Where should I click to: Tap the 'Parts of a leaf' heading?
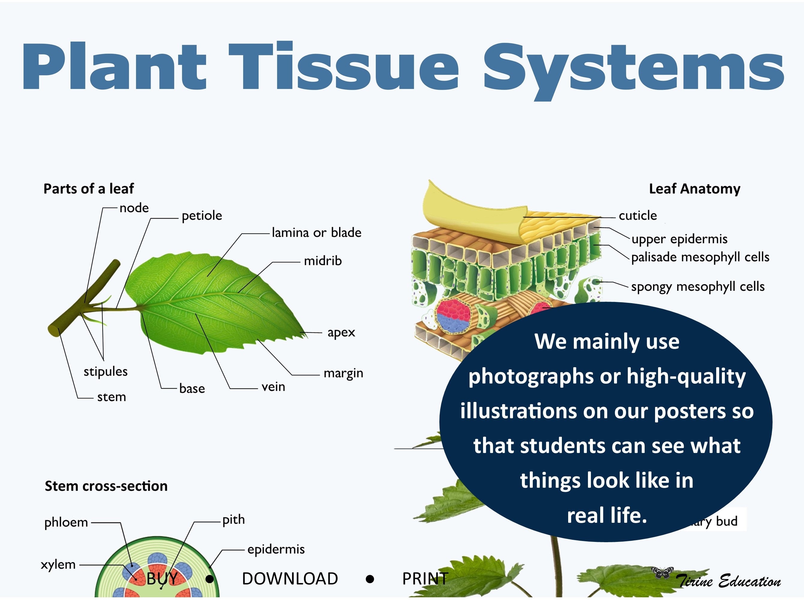(89, 189)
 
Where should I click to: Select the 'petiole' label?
(202, 216)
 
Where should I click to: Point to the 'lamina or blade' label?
(316, 232)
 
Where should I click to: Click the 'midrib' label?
(323, 261)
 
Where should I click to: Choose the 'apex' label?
(341, 332)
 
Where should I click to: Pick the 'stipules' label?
(105, 371)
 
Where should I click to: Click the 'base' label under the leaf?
(192, 389)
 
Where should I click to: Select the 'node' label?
(134, 208)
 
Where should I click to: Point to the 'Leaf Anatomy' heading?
(694, 189)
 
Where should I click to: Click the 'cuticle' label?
(638, 216)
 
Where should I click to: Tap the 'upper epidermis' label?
(679, 239)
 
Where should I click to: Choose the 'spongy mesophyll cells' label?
(698, 287)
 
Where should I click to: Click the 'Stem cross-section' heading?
(106, 486)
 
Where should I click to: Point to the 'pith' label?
(233, 520)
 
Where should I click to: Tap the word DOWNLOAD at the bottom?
(290, 578)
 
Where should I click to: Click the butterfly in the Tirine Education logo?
(662, 573)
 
